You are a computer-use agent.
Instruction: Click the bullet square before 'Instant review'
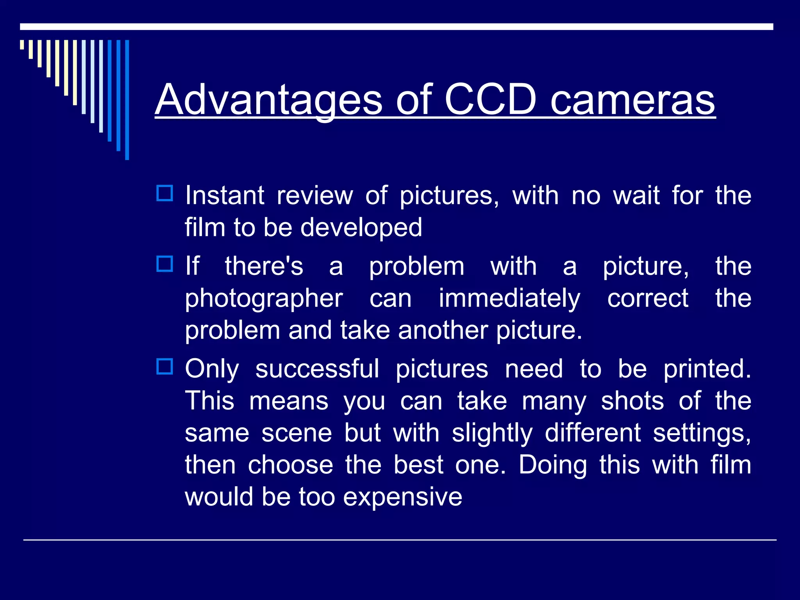(x=164, y=193)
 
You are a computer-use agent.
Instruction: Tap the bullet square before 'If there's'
(x=164, y=264)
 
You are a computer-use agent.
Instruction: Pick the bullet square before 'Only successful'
(x=164, y=366)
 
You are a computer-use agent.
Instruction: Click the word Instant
(x=225, y=195)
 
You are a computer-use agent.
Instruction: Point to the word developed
(x=361, y=227)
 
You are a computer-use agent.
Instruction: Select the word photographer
(x=264, y=299)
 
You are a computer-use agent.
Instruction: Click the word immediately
(x=509, y=299)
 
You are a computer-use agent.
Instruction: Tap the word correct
(x=648, y=299)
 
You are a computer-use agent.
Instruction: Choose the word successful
(x=317, y=369)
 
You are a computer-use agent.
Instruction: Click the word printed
(x=707, y=369)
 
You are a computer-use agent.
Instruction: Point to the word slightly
(x=492, y=434)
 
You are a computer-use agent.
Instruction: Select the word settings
(x=702, y=434)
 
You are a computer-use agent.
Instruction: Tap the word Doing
(x=553, y=466)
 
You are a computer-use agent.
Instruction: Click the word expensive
(x=403, y=497)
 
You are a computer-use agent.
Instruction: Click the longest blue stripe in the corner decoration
(x=127, y=100)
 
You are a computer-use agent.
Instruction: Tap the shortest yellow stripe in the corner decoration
(x=22, y=45)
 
